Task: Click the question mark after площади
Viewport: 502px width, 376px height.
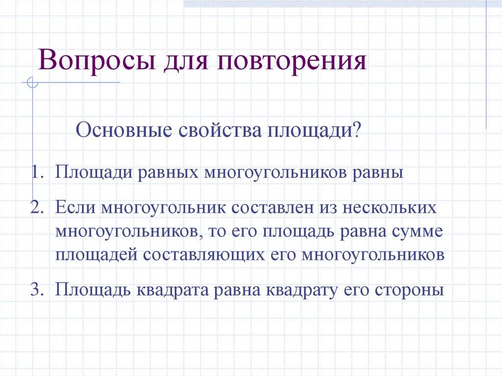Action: [357, 131]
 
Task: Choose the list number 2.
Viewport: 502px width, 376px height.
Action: [37, 207]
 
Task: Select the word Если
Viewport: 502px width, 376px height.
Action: [75, 207]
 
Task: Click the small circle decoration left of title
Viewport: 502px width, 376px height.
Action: [32, 83]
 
